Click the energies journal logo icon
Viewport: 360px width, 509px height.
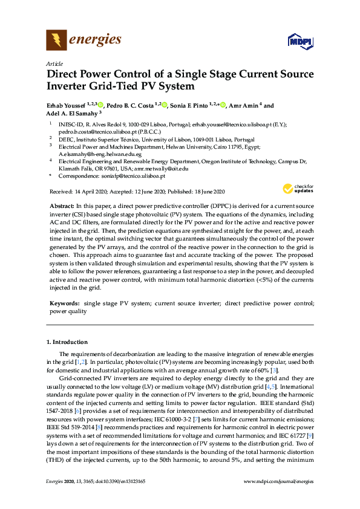click(x=56, y=41)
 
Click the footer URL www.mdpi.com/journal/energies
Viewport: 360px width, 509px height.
click(x=278, y=498)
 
